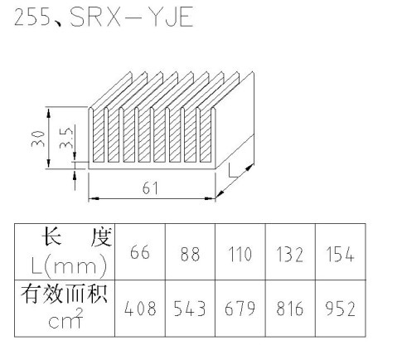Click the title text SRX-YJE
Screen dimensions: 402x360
pos(132,17)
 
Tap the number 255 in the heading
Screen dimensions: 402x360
pos(32,17)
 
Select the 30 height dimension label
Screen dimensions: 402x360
pos(38,139)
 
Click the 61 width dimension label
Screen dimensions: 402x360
pos(150,188)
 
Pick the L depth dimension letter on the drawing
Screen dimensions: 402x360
pos(233,170)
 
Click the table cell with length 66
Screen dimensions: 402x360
pos(140,252)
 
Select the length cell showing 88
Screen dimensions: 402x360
pos(190,254)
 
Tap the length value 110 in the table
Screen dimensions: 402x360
pos(240,254)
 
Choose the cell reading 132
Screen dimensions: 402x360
pos(290,255)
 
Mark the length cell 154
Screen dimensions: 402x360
pos(340,254)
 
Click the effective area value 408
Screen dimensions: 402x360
pos(140,309)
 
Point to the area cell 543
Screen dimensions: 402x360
pos(190,309)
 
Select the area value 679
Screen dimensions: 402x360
pos(240,309)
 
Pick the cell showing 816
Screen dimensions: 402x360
pos(290,309)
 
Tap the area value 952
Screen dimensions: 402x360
pos(340,309)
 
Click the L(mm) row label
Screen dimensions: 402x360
pos(69,265)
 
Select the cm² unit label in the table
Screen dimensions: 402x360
pos(65,319)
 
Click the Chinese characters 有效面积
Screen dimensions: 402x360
pos(64,294)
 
